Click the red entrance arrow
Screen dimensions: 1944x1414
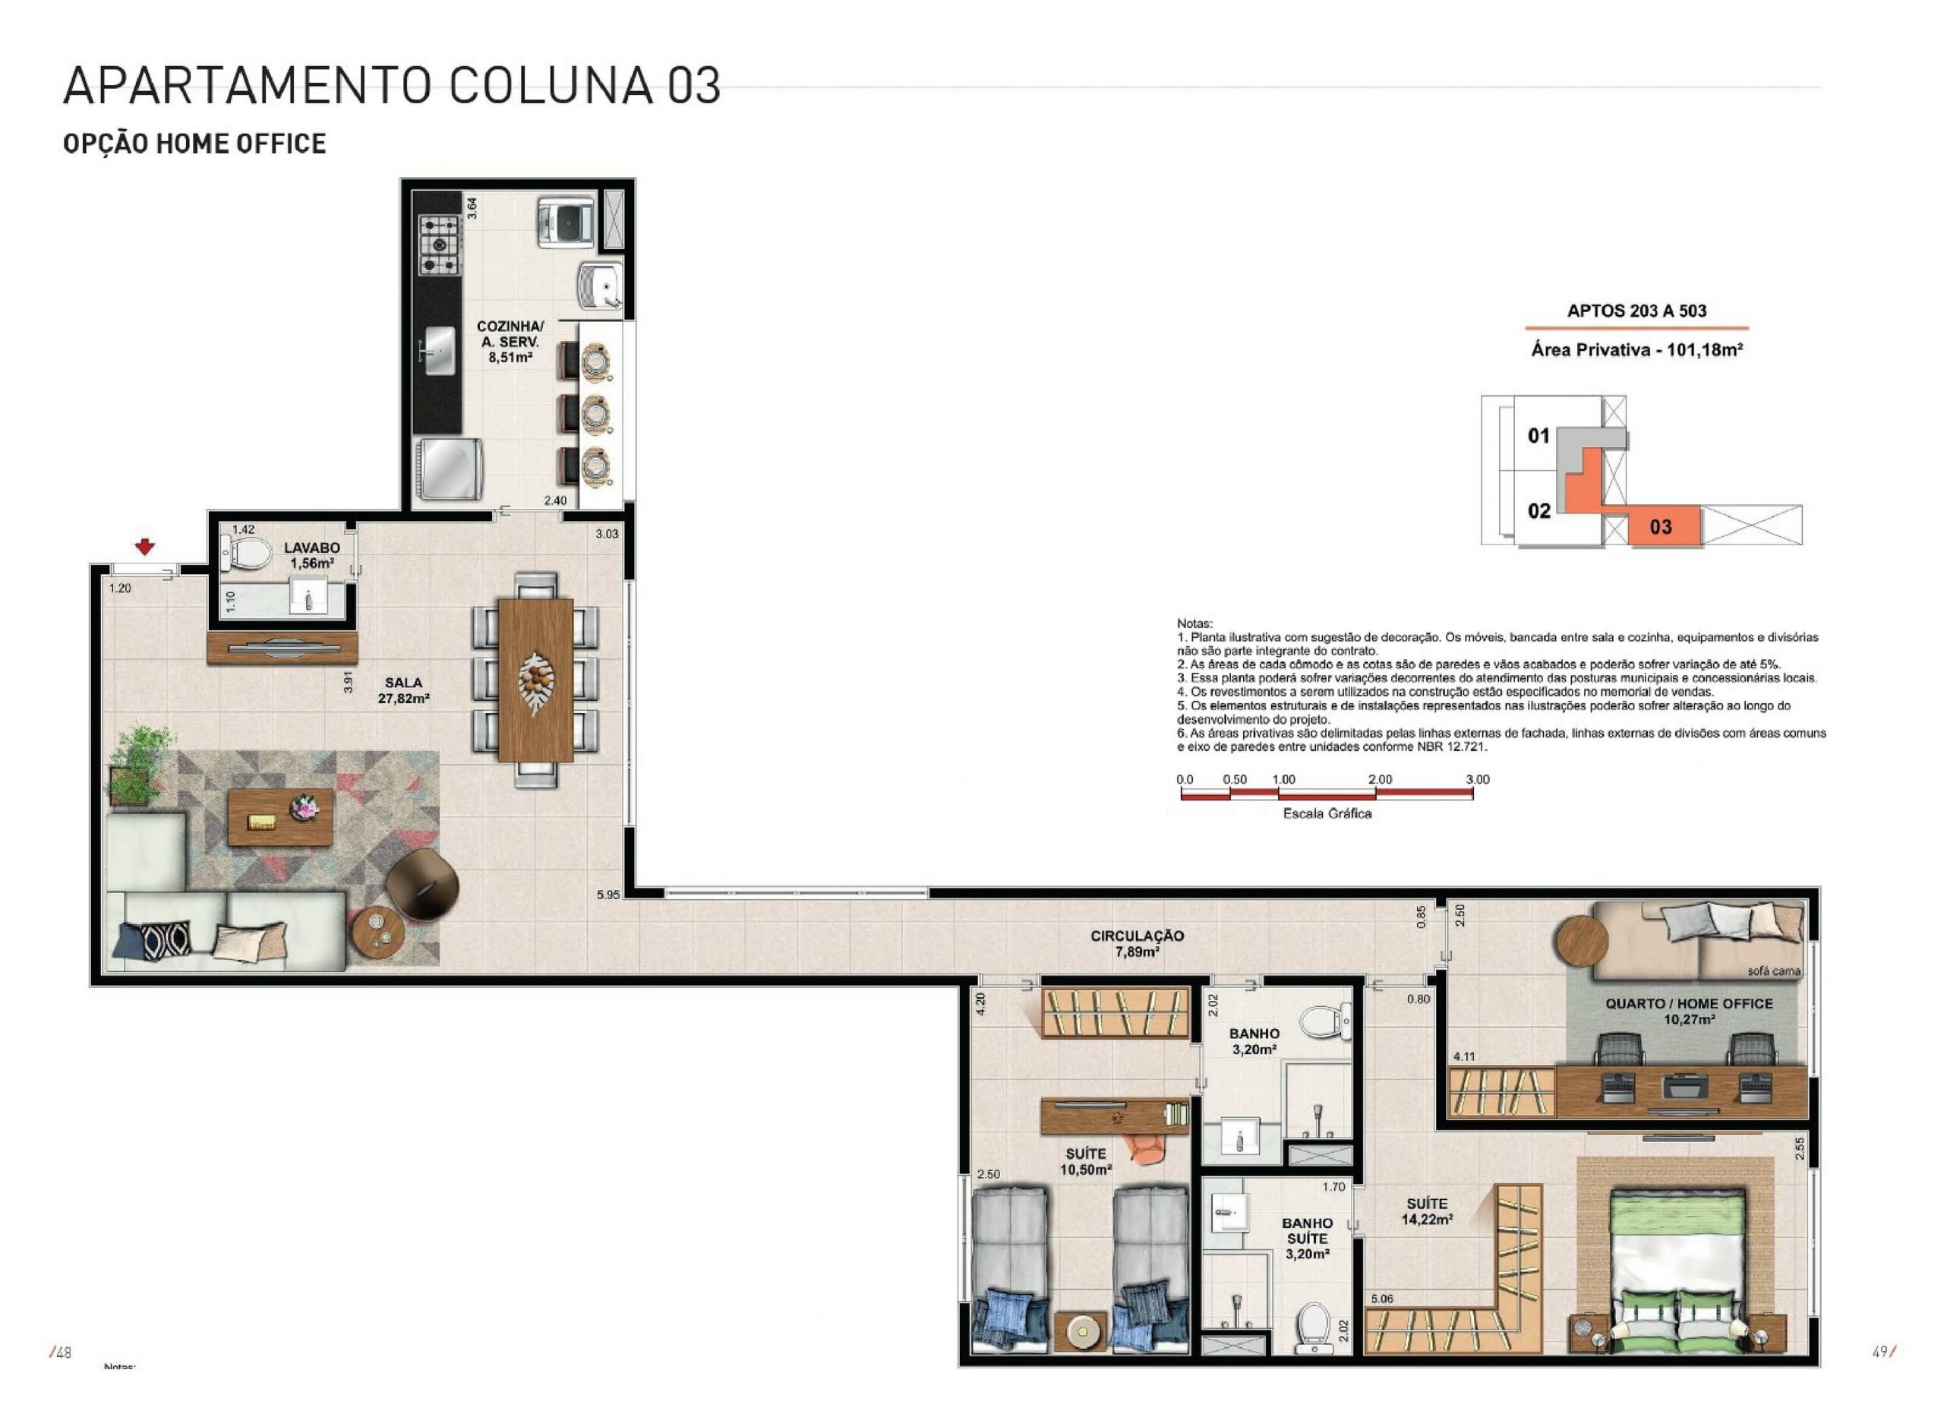point(145,546)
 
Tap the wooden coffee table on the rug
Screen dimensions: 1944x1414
point(279,816)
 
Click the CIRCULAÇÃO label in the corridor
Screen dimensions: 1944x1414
point(1137,936)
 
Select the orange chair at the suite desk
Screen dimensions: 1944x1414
point(1144,1149)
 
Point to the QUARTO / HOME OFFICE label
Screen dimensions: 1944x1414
point(1689,1003)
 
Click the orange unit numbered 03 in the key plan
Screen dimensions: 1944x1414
point(1664,526)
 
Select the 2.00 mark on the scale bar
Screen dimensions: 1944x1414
point(1380,780)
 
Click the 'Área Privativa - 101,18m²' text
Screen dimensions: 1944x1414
point(1637,349)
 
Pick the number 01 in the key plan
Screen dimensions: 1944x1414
point(1538,435)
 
